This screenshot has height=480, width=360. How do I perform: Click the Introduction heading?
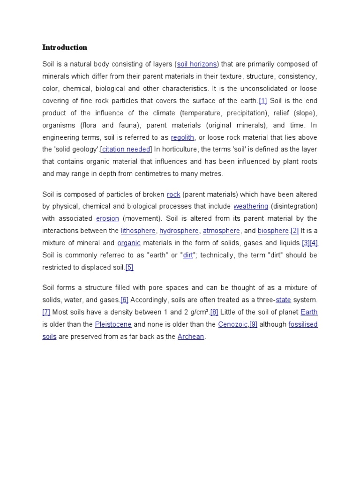pos(65,47)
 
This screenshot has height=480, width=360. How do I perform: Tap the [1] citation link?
pos(262,101)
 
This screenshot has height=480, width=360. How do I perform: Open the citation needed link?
pos(127,150)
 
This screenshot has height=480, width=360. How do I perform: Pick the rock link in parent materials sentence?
pos(173,195)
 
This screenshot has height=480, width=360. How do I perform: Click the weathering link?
pos(251,207)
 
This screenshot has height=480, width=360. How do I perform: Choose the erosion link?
pos(107,219)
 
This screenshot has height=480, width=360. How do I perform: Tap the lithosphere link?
pos(138,231)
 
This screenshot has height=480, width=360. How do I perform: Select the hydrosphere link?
pos(180,231)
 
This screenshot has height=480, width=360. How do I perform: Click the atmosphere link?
pos(221,231)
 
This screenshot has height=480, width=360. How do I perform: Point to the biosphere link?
pos(273,231)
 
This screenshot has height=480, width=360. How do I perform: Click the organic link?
pos(129,243)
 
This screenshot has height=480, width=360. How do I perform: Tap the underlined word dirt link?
pos(188,255)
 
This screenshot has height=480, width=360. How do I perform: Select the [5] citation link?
pos(130,268)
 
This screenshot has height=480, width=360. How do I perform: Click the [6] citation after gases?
pos(124,300)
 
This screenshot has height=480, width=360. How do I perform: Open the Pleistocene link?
pos(113,324)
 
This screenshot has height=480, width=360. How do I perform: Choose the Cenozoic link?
pos(233,324)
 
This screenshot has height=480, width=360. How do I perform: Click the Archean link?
pos(191,337)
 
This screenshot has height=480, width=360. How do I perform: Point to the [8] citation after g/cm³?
pos(214,312)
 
